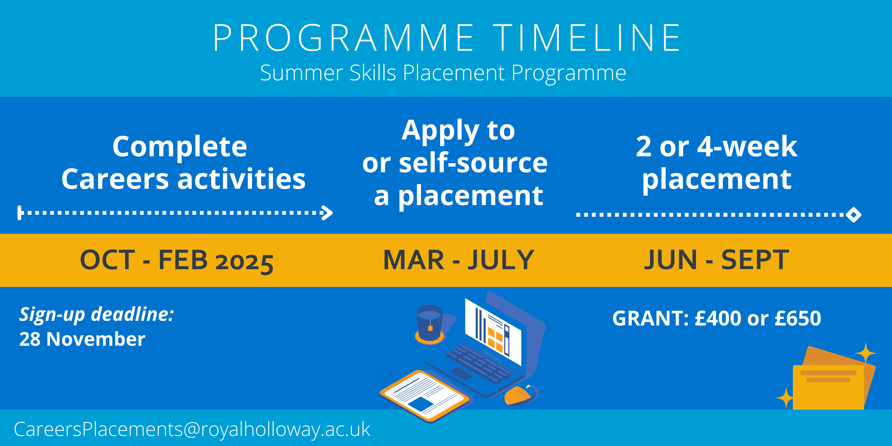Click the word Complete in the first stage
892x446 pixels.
(180, 146)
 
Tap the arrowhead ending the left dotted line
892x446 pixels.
(327, 213)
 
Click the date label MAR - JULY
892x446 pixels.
(459, 260)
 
